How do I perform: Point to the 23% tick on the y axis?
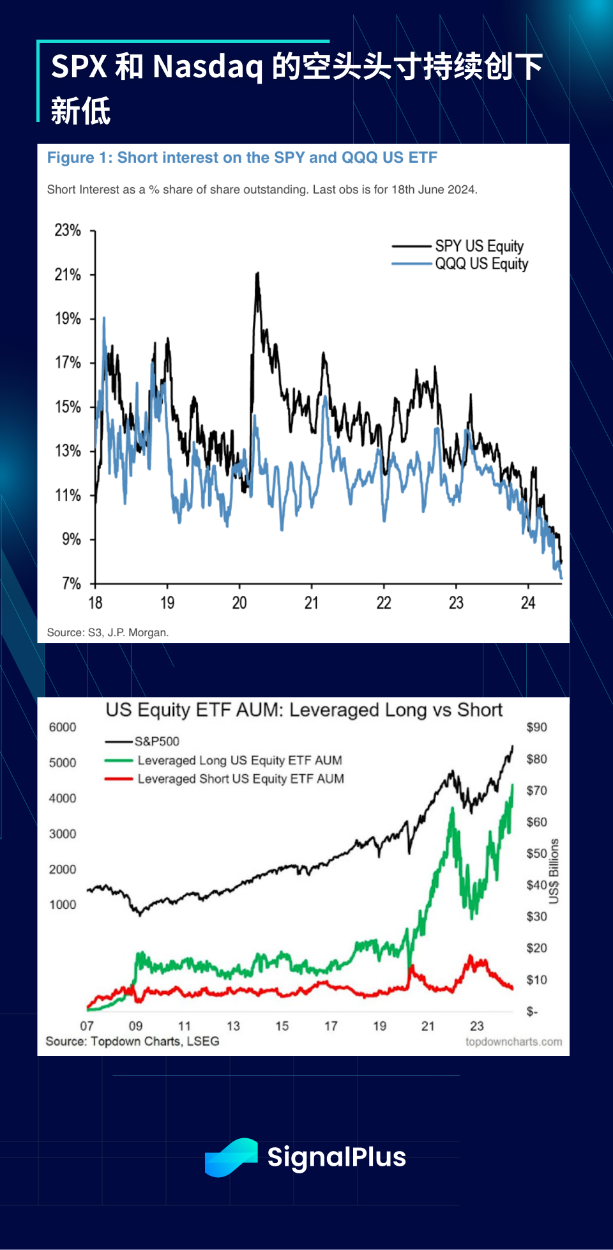(x=68, y=231)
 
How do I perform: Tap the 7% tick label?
(x=72, y=583)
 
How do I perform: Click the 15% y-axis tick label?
(x=68, y=407)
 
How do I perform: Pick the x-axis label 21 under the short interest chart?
(x=311, y=603)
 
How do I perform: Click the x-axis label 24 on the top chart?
(x=527, y=603)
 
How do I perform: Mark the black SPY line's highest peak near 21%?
(x=257, y=274)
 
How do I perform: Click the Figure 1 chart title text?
(x=242, y=158)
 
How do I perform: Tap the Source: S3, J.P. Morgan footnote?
(x=108, y=632)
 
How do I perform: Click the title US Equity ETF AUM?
(x=304, y=710)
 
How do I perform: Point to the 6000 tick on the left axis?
(x=63, y=728)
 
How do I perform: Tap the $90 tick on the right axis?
(x=536, y=728)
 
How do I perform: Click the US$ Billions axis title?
(x=554, y=871)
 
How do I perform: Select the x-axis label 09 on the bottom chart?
(x=135, y=1026)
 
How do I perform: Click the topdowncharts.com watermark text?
(x=513, y=1042)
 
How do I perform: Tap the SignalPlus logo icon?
(x=231, y=1157)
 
